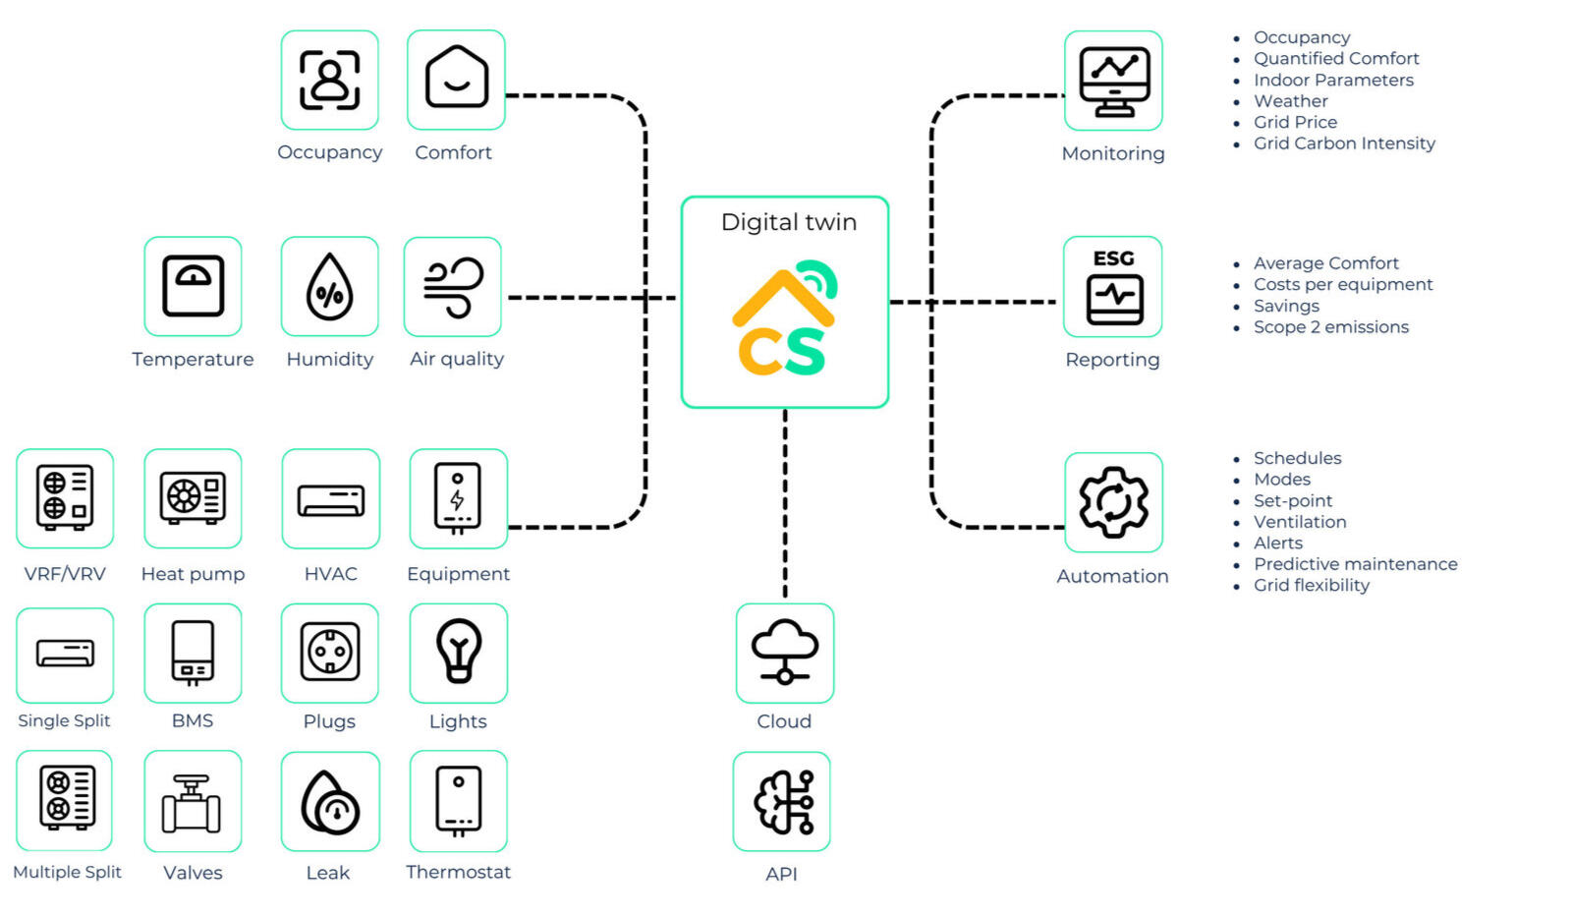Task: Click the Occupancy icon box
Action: [329, 80]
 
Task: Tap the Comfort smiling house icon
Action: [456, 80]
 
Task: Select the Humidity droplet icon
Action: [329, 287]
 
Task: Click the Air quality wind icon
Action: [453, 287]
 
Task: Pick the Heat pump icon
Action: [193, 498]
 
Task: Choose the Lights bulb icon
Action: [458, 653]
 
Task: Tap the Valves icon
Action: [193, 802]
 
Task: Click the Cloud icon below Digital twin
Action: [784, 653]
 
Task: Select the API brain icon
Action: [782, 802]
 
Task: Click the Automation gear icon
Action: [1113, 502]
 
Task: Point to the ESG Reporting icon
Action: [1113, 287]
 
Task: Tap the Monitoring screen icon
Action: [1113, 81]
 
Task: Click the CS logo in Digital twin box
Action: [784, 320]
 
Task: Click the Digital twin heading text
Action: [788, 222]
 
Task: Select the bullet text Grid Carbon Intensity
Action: [1343, 143]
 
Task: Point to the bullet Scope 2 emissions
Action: [1330, 327]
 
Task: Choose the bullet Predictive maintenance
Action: [1355, 564]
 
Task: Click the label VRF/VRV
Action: [65, 574]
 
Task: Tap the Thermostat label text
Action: [458, 872]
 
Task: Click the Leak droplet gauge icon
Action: [329, 802]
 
